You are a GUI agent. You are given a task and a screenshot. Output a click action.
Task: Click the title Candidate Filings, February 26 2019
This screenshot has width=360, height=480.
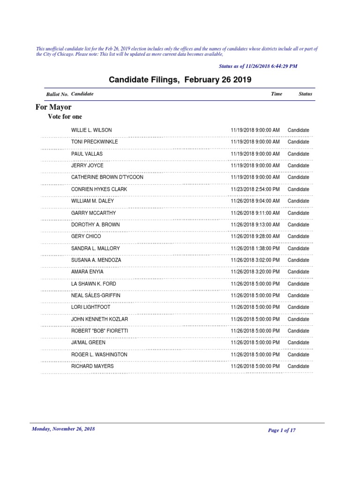(x=180, y=80)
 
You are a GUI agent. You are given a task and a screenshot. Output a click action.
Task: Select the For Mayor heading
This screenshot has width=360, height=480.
(x=53, y=107)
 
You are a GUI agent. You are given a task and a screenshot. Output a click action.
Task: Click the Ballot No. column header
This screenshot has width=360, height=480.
(x=57, y=94)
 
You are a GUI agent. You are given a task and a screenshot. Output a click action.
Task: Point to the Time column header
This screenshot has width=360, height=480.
(x=277, y=94)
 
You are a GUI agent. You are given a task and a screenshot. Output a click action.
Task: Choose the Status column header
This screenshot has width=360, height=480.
(x=305, y=94)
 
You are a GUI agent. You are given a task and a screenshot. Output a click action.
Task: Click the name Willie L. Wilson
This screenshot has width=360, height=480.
(x=91, y=130)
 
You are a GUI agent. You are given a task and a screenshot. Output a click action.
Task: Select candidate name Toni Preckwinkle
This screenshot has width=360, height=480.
(x=94, y=142)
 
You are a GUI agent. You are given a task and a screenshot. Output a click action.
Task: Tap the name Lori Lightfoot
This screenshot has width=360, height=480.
(x=90, y=307)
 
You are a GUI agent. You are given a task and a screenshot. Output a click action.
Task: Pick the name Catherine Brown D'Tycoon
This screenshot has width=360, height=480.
(x=107, y=177)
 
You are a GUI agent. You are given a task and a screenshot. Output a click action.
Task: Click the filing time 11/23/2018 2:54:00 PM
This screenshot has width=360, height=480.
(x=255, y=189)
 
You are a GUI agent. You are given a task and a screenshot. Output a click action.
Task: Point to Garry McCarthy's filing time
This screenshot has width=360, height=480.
(x=255, y=213)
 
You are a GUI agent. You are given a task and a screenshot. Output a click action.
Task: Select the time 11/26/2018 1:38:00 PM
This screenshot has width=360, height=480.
(x=255, y=248)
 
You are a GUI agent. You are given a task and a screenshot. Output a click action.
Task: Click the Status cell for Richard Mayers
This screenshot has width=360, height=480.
(x=298, y=366)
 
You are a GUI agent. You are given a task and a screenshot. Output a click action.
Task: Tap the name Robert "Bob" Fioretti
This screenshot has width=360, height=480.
(x=99, y=330)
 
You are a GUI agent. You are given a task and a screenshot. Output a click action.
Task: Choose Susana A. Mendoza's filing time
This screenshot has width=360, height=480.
(x=255, y=260)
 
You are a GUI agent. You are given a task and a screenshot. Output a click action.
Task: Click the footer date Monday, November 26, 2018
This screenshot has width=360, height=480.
(x=63, y=429)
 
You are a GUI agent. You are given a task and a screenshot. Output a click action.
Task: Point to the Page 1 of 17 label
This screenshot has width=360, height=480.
(x=282, y=430)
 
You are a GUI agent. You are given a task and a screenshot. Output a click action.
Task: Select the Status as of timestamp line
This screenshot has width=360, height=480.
(x=258, y=67)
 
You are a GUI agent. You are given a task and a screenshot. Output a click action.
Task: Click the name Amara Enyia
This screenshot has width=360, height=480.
(x=87, y=272)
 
